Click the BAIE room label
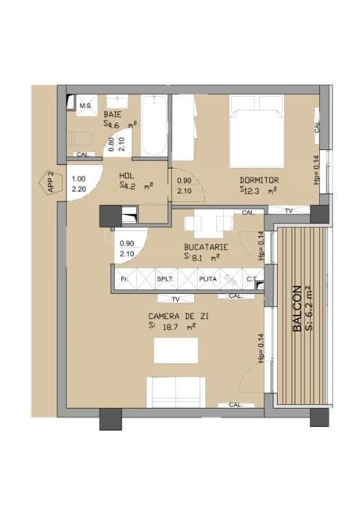(113, 115)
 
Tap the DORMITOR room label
(260, 180)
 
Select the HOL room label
(127, 175)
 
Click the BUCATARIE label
(206, 247)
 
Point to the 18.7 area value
(171, 328)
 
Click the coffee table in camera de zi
(176, 351)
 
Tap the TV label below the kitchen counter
(175, 299)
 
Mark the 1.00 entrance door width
(79, 179)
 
